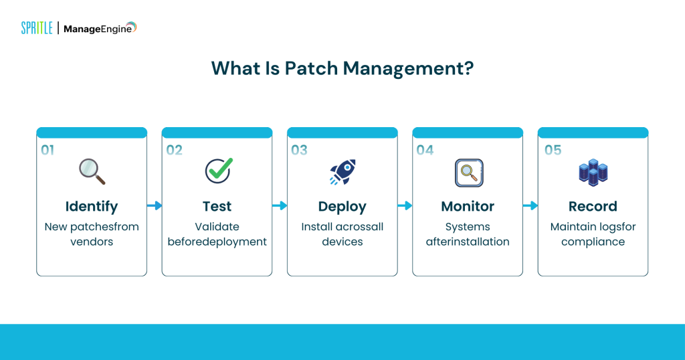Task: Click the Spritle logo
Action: pyautogui.click(x=37, y=28)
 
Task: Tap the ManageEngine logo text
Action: pyautogui.click(x=100, y=28)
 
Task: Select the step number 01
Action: pyautogui.click(x=47, y=150)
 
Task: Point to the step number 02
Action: pyautogui.click(x=174, y=150)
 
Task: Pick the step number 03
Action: pyautogui.click(x=299, y=150)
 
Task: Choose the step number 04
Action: pyautogui.click(x=425, y=150)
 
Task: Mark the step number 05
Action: pyautogui.click(x=553, y=150)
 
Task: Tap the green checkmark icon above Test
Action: pyautogui.click(x=218, y=171)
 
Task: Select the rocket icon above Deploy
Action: pyautogui.click(x=342, y=172)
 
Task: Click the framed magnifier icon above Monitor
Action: pyautogui.click(x=468, y=173)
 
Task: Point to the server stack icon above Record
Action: pyautogui.click(x=593, y=173)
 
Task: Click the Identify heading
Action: pyautogui.click(x=92, y=206)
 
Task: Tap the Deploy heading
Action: pyautogui.click(x=342, y=206)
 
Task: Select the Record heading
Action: pyautogui.click(x=593, y=206)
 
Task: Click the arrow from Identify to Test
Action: pyautogui.click(x=155, y=205)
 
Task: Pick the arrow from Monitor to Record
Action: pyautogui.click(x=530, y=205)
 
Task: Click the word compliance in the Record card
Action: pyautogui.click(x=593, y=242)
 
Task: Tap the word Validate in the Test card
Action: pyautogui.click(x=217, y=227)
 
